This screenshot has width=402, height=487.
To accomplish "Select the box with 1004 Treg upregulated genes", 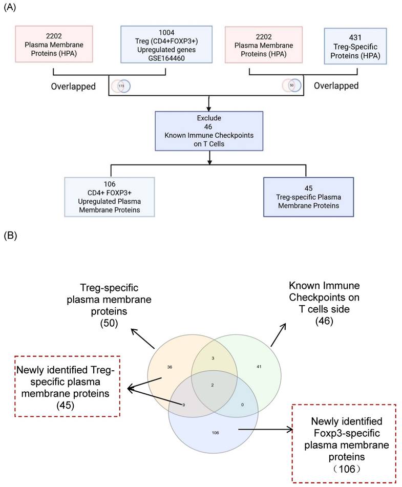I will (166, 44).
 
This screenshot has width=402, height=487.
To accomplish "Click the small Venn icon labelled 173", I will (121, 86).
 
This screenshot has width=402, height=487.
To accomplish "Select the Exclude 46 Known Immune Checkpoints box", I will (209, 131).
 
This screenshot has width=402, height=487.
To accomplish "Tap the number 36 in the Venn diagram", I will (170, 367).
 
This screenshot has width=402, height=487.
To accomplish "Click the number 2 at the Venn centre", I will (214, 384).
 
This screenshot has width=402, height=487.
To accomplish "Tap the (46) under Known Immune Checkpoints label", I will (325, 321).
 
